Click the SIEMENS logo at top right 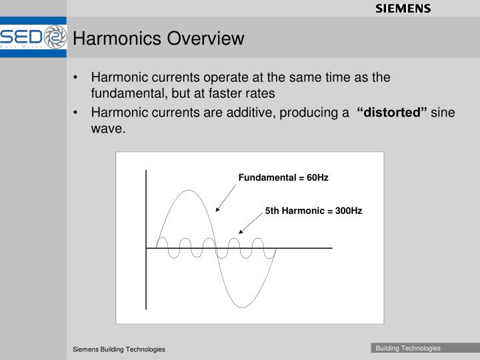(x=403, y=9)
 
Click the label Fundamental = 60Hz (x=283, y=178)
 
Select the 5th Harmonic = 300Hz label (x=313, y=211)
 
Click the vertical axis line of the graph (x=146, y=240)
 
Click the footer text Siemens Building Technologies (x=119, y=349)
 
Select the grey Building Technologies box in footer (x=408, y=348)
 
